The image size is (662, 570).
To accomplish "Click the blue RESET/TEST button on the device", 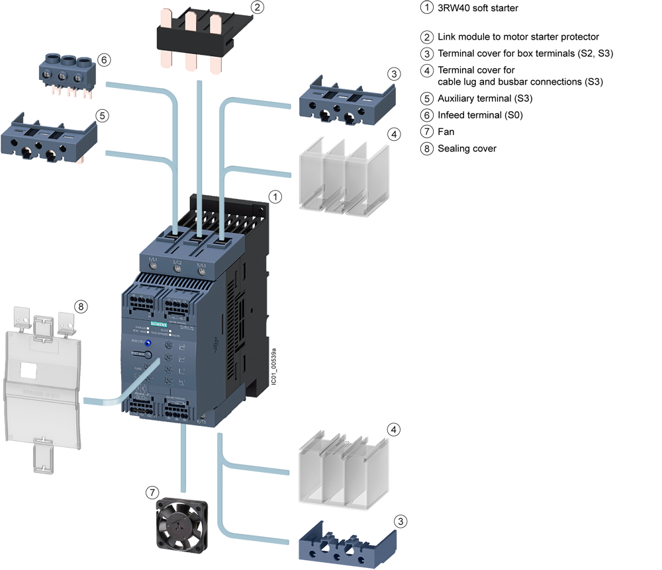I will click(x=148, y=343).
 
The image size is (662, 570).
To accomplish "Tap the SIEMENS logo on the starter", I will click(x=160, y=323).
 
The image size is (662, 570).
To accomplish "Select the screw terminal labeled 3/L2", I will click(x=177, y=268).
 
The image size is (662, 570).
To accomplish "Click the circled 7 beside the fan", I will click(x=152, y=492).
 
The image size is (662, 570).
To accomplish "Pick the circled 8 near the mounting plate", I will click(x=81, y=307).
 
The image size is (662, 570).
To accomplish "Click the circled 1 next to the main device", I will click(x=275, y=196).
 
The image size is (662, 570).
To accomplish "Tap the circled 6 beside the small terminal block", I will click(x=105, y=60).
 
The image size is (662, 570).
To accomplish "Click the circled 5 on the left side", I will click(x=101, y=115).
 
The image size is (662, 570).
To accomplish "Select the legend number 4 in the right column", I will click(x=427, y=71).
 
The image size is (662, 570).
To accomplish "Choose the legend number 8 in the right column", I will click(x=427, y=148).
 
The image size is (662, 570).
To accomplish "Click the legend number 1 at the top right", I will click(x=427, y=8).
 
